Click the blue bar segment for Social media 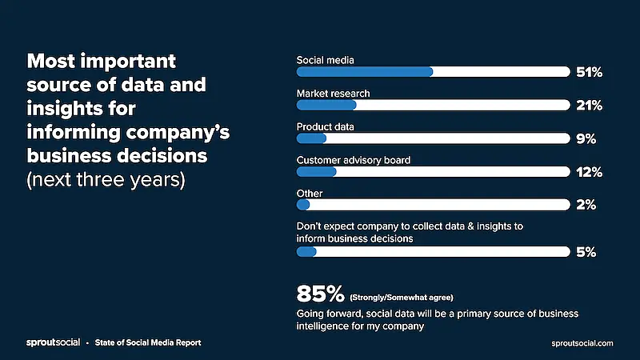(x=365, y=72)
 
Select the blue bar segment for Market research (x=326, y=105)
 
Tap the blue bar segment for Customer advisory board (x=317, y=172)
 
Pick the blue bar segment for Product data (x=312, y=138)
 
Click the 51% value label (x=589, y=72)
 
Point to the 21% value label (x=589, y=106)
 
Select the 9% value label (x=586, y=138)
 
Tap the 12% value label (x=589, y=172)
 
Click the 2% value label (x=586, y=206)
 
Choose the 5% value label (x=586, y=252)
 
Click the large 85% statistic (x=320, y=293)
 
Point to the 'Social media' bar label (x=325, y=60)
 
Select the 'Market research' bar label (x=333, y=94)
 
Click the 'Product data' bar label (x=325, y=126)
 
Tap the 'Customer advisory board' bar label (x=354, y=160)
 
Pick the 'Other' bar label (x=310, y=194)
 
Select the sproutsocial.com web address (x=583, y=342)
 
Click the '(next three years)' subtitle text (x=106, y=178)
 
